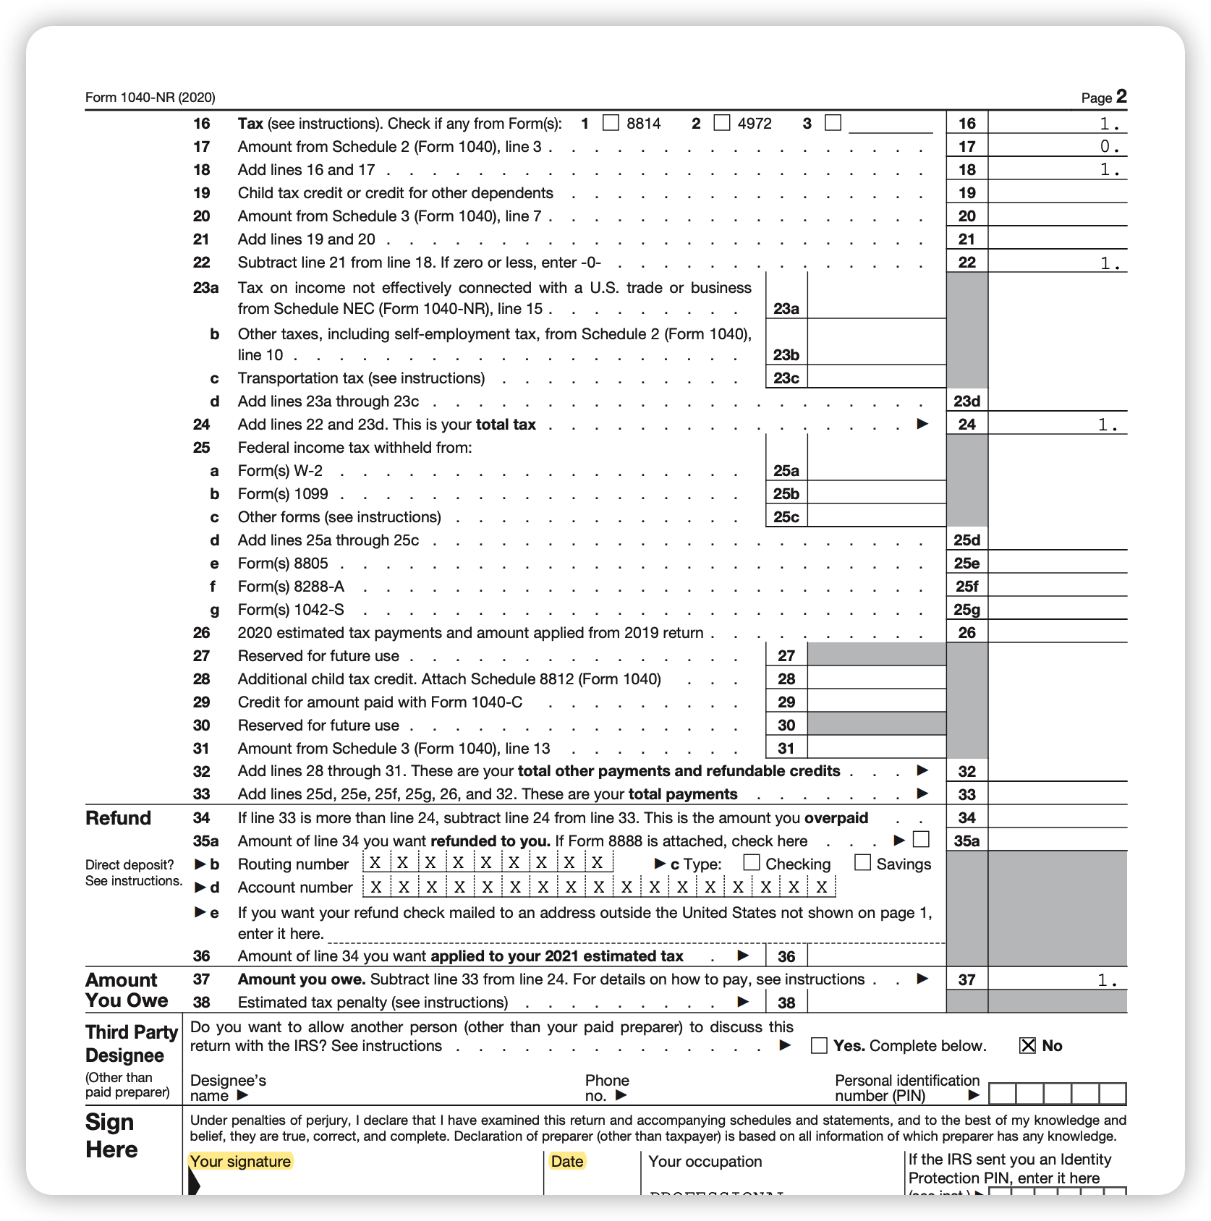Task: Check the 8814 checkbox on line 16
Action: click(x=611, y=123)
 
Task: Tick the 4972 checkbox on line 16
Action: click(x=722, y=123)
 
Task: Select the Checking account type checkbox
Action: click(x=752, y=862)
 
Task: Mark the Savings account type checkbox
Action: click(x=862, y=862)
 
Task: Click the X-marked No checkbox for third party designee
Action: click(x=1027, y=1045)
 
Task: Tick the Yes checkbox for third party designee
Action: click(x=819, y=1045)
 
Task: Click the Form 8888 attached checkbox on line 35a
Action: click(x=921, y=839)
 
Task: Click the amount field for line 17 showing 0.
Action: click(x=1057, y=146)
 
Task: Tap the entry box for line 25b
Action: click(x=876, y=493)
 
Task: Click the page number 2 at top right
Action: click(x=1121, y=96)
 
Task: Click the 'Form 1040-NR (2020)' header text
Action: click(x=150, y=98)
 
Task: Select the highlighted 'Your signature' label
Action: click(x=240, y=1161)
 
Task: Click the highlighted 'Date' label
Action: click(x=566, y=1161)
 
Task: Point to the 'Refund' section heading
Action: click(x=118, y=818)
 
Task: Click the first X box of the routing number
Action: click(x=375, y=863)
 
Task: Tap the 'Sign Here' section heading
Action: click(x=111, y=1135)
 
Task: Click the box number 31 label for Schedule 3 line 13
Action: click(x=786, y=749)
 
